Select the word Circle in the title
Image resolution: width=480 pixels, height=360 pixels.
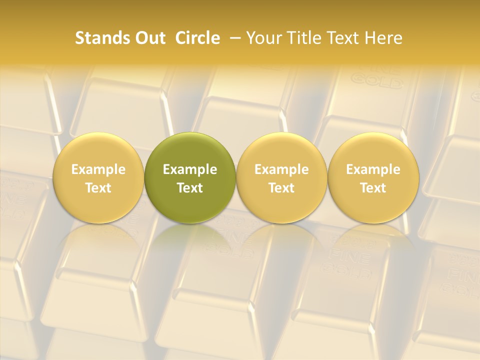coord(197,38)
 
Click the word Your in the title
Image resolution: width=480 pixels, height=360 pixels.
coord(262,38)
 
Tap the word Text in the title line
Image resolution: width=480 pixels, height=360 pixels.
coord(340,38)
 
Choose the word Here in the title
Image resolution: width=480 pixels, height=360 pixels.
coord(382,38)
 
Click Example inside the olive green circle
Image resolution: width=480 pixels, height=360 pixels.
coord(190,169)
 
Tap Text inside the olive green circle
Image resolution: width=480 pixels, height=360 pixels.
coord(190,188)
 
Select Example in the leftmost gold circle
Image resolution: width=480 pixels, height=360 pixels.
coord(98,169)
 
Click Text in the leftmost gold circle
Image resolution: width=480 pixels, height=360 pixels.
coord(98,188)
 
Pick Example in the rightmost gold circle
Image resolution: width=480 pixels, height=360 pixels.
coord(373,169)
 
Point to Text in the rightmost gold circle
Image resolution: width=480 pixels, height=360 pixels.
coord(373,188)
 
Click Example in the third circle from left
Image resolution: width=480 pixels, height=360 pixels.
coord(281,169)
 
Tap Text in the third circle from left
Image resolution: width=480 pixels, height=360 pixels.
coord(281,188)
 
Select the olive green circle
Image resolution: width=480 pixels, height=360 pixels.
coord(190,150)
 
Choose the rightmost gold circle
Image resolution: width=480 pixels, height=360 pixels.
coord(373,150)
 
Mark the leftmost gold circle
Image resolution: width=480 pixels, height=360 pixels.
coord(98,150)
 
